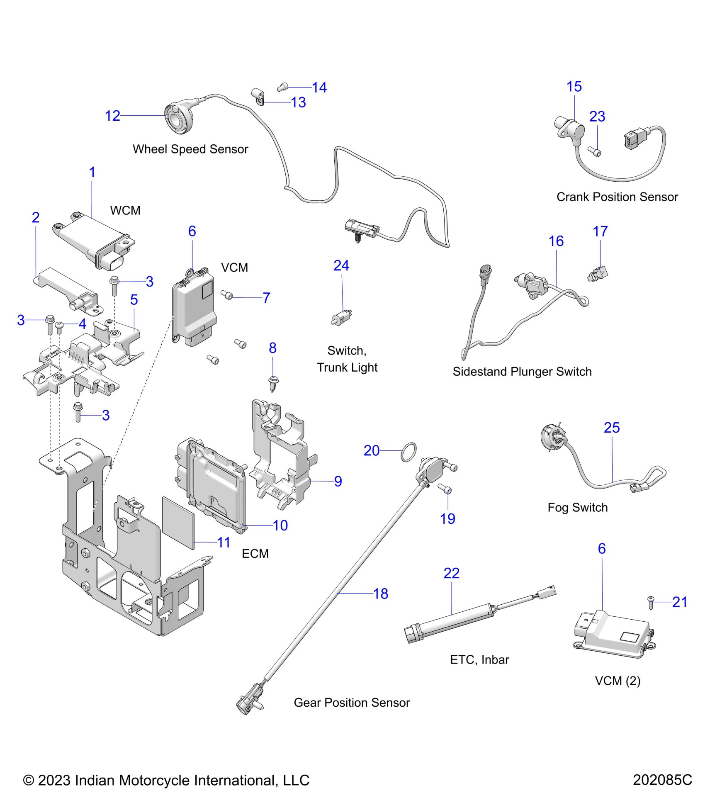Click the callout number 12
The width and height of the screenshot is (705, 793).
[112, 116]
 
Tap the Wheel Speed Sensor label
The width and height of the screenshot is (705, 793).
[190, 149]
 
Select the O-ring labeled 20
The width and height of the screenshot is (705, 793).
[408, 452]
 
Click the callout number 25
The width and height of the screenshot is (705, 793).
[612, 428]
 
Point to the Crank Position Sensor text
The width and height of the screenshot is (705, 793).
[617, 197]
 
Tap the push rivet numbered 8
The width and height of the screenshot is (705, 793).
[273, 384]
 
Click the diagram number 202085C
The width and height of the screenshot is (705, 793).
[662, 780]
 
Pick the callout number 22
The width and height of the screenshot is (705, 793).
[452, 573]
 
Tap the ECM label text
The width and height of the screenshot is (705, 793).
[255, 554]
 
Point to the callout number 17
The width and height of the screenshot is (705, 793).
[600, 231]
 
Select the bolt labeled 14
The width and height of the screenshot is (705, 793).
[282, 87]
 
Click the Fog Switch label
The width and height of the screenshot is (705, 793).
[577, 507]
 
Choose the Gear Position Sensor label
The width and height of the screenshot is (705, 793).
[352, 702]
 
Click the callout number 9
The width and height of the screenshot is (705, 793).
[338, 481]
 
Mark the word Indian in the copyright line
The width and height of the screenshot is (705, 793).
[95, 780]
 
